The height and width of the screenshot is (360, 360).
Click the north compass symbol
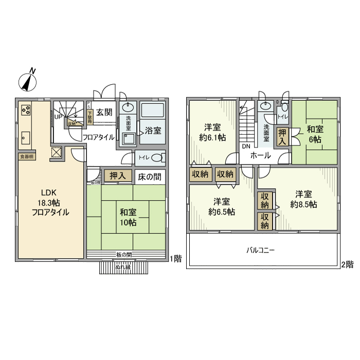(28, 81)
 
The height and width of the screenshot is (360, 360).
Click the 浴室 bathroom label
(153, 130)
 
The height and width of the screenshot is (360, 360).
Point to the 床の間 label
(150, 176)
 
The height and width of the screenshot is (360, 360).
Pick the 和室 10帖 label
(128, 217)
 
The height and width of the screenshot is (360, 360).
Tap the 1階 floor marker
(175, 259)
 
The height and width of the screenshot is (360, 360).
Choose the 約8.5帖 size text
(303, 204)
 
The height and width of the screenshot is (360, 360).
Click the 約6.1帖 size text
(211, 138)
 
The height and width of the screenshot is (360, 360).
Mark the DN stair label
(246, 146)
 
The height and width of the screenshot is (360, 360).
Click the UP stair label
(58, 116)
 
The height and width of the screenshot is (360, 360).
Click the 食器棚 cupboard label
(27, 156)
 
